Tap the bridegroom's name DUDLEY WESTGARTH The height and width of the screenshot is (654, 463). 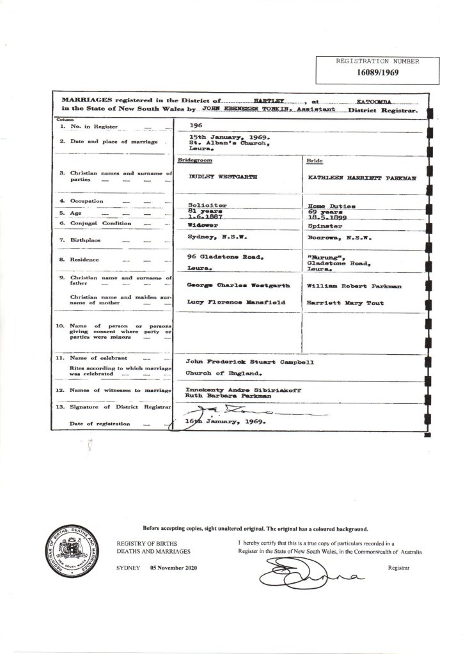coord(220,176)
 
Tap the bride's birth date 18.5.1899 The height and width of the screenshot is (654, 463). coord(326,218)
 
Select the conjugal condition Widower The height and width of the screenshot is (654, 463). coord(200,226)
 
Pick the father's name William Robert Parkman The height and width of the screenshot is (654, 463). coord(346,287)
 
